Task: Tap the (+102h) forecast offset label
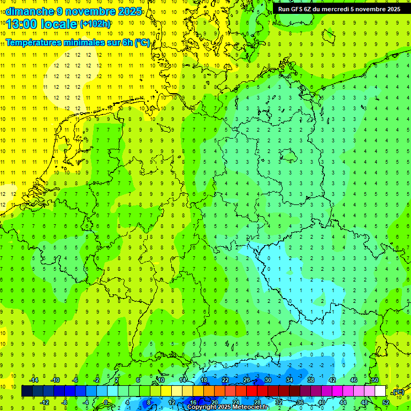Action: pos(95,24)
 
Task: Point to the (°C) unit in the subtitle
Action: pos(142,42)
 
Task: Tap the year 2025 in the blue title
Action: pos(131,11)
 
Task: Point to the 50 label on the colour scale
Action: pos(375,380)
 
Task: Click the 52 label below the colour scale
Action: pos(386,402)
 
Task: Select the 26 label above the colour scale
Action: pos(247,380)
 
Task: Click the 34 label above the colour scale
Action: pos(290,380)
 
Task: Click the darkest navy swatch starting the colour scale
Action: pos(27,391)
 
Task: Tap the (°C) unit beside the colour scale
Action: pos(398,392)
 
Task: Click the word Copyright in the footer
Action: pos(202,407)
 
